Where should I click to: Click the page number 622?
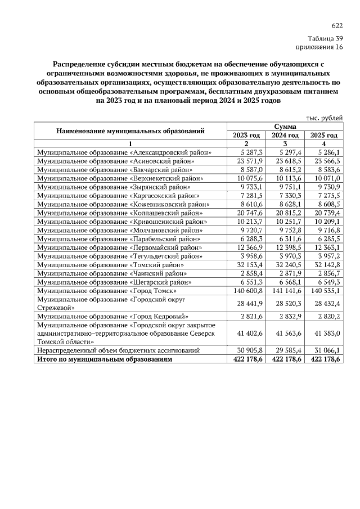(337, 26)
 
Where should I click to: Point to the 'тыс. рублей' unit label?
(324, 118)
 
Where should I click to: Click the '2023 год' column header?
(246, 136)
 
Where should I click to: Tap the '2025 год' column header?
(323, 136)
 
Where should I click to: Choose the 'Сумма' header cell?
(285, 127)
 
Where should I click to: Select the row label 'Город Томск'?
(107, 291)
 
